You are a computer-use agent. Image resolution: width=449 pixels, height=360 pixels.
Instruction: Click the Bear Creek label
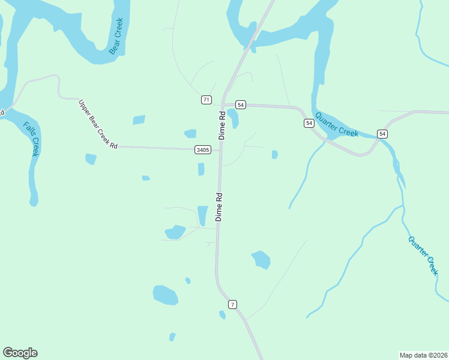click(116, 36)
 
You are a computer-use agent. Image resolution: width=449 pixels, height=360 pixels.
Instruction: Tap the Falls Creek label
click(31, 139)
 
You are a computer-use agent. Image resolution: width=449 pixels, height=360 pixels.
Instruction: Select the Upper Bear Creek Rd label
click(98, 124)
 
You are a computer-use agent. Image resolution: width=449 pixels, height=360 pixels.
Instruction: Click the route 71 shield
click(206, 100)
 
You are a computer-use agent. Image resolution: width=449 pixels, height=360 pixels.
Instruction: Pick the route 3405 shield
click(203, 150)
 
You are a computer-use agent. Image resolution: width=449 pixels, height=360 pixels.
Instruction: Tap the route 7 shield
click(232, 305)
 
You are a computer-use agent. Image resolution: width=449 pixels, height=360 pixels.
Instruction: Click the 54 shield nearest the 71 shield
click(241, 104)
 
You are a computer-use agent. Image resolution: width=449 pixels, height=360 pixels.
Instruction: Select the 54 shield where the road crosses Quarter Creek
click(382, 133)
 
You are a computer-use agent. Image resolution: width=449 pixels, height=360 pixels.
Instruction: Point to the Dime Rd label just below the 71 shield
click(222, 125)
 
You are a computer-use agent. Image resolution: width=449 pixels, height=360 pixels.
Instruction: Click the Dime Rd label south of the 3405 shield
click(219, 207)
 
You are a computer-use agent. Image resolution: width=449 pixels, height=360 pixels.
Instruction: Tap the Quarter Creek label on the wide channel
click(337, 124)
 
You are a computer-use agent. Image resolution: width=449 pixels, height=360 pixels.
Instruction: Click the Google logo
click(20, 353)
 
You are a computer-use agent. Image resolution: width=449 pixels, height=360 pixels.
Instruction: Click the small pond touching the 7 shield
click(223, 314)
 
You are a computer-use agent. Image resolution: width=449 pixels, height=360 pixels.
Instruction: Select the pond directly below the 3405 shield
click(201, 169)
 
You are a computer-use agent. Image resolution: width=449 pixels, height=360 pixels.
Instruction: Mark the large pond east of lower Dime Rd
click(261, 259)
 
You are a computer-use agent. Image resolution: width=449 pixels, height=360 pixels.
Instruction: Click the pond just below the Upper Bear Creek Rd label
click(91, 159)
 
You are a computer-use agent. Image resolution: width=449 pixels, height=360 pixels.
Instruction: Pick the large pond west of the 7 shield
click(165, 295)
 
